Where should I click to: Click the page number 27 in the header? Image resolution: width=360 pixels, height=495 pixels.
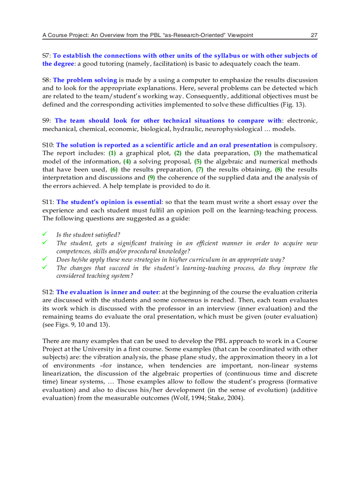click(x=314, y=35)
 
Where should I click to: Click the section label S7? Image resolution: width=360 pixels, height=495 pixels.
click(x=47, y=56)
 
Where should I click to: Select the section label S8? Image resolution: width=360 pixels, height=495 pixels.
click(x=47, y=80)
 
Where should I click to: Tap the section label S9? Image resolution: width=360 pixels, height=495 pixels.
click(x=47, y=121)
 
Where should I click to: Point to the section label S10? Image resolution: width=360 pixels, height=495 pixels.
click(x=49, y=145)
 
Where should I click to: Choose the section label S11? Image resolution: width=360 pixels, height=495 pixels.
click(x=49, y=202)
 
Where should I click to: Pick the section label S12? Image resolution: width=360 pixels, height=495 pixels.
click(x=49, y=292)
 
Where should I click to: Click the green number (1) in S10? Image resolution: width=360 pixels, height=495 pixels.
click(x=112, y=153)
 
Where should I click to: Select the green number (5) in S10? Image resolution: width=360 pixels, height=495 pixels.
click(x=198, y=161)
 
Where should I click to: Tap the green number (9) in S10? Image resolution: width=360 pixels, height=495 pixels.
click(x=151, y=178)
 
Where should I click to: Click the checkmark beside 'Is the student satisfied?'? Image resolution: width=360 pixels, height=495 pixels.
click(x=45, y=234)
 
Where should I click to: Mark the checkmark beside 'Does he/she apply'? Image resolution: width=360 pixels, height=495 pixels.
click(x=45, y=259)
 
